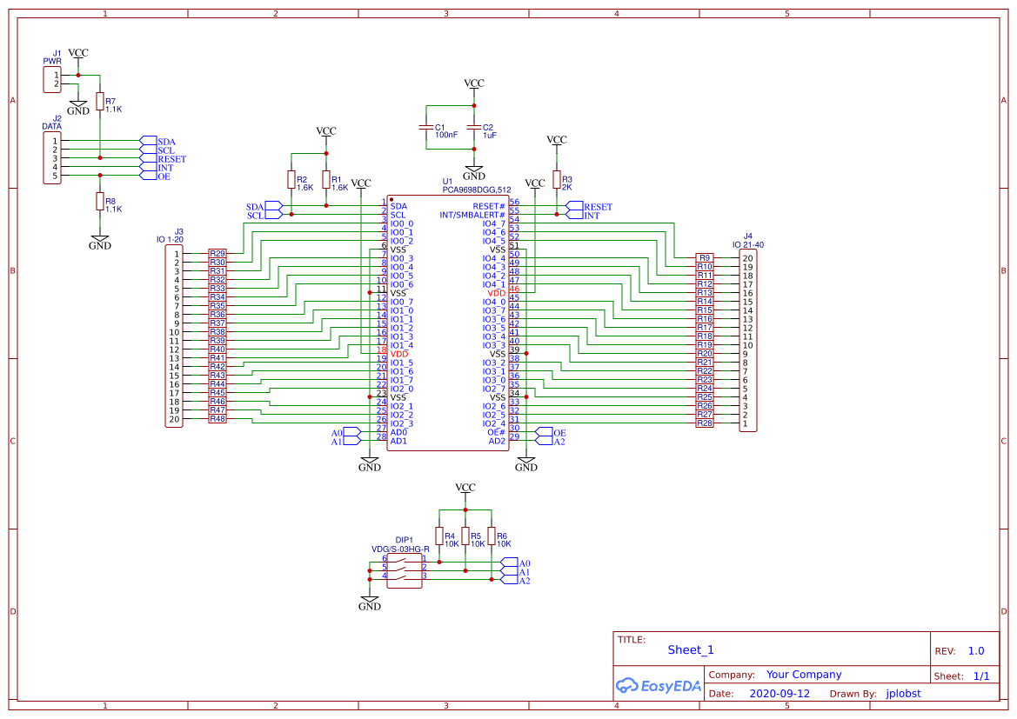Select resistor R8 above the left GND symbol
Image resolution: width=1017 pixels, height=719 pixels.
click(99, 202)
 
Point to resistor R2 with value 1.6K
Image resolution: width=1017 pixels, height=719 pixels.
click(291, 179)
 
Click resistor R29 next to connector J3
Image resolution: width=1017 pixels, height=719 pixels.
click(217, 254)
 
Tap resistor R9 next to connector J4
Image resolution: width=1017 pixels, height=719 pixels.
click(705, 258)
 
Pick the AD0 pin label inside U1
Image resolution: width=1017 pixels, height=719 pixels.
click(398, 432)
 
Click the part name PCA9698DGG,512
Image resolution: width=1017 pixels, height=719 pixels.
click(476, 190)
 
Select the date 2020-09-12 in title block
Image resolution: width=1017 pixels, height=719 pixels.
click(779, 694)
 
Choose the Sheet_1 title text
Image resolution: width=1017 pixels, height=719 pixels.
click(691, 649)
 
